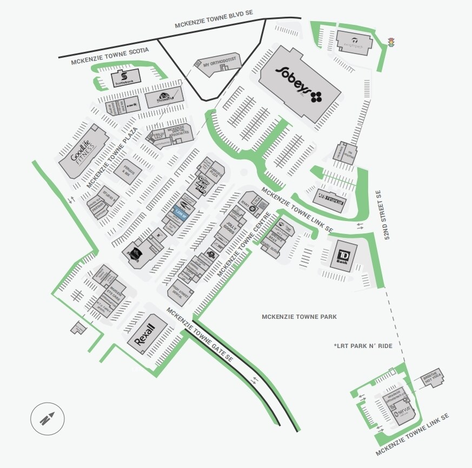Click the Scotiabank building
(125, 79)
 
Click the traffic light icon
(391, 42)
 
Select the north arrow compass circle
(48, 419)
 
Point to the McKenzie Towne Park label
(299, 317)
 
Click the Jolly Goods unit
(230, 230)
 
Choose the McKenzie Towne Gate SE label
(200, 335)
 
